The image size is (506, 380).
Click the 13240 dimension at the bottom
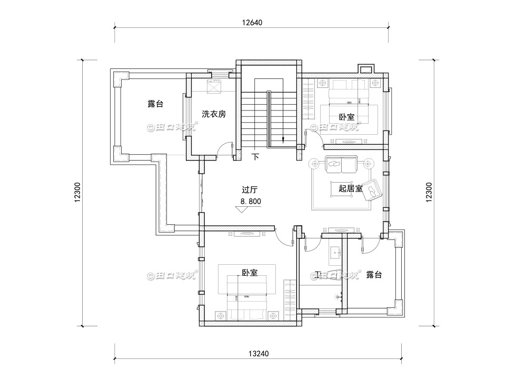(252, 354)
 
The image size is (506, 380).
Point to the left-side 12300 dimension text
(77, 192)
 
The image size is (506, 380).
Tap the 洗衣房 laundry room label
(214, 114)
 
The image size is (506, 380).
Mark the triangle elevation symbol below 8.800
(243, 209)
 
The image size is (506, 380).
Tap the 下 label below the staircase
(256, 156)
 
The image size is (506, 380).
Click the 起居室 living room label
(350, 188)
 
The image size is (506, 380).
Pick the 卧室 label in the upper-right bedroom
(346, 117)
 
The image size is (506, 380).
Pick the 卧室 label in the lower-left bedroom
(250, 273)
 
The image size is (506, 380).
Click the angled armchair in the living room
(374, 189)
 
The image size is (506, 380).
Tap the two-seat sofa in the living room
(341, 164)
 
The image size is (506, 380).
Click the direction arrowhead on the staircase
(283, 140)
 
